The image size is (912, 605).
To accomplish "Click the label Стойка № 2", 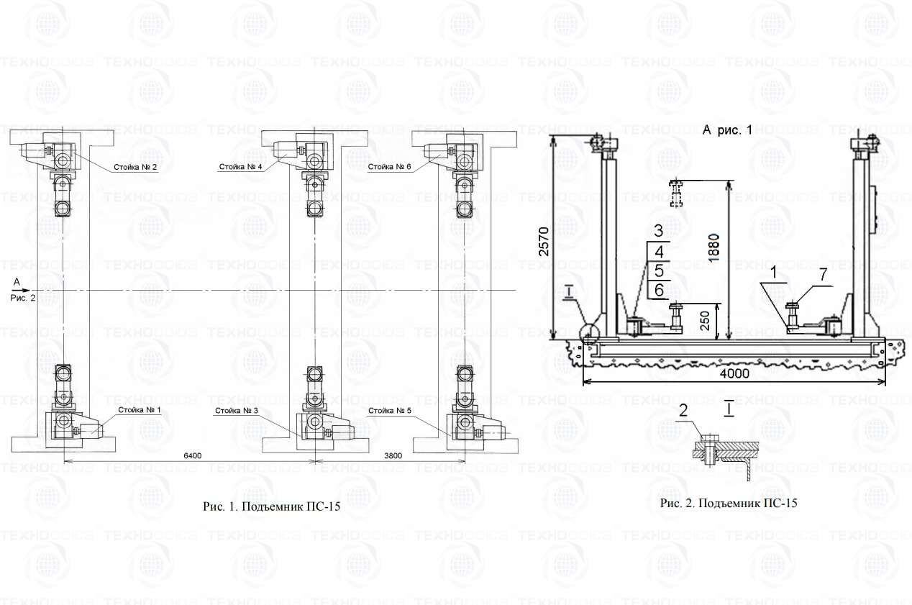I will pyautogui.click(x=134, y=167).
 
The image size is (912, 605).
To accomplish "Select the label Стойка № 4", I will pyautogui.click(x=240, y=167).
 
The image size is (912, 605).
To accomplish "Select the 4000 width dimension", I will pyautogui.click(x=734, y=373).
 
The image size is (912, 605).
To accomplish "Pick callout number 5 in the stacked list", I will pyautogui.click(x=658, y=270).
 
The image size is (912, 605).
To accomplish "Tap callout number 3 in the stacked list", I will pyautogui.click(x=658, y=232).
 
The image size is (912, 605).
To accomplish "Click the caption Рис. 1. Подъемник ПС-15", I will pyautogui.click(x=271, y=506).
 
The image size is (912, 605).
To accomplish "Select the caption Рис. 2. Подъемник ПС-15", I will pyautogui.click(x=729, y=503).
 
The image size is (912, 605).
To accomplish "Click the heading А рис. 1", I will pyautogui.click(x=727, y=130).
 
